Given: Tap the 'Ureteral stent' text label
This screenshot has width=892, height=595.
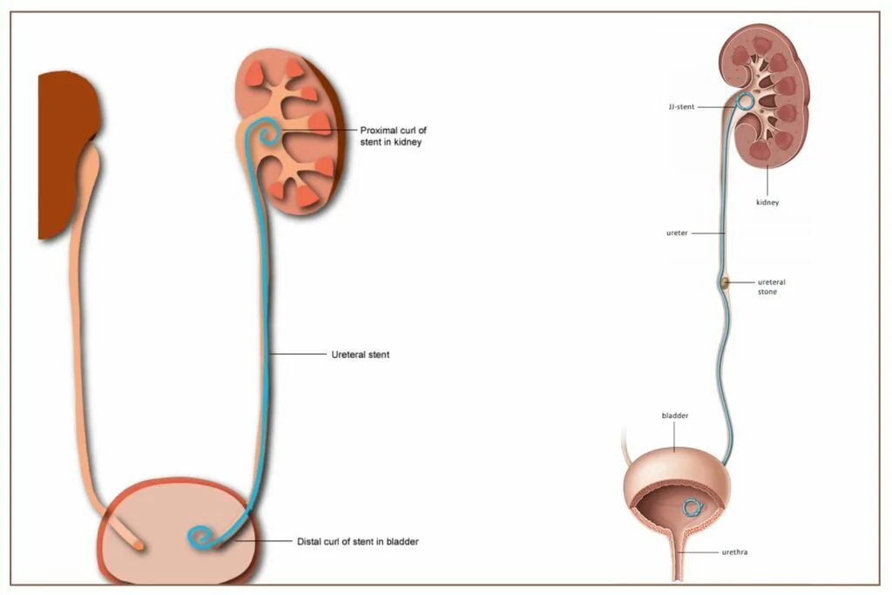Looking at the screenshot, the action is tap(360, 355).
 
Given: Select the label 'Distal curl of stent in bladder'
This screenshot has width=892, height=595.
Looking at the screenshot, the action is tap(357, 541).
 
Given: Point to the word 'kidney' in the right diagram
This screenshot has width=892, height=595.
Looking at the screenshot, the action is tap(767, 202).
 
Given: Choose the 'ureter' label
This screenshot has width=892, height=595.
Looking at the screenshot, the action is tap(678, 233).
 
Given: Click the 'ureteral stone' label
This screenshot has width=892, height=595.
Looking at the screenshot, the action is tap(767, 287).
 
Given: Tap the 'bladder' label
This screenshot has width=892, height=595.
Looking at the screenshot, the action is tap(675, 416).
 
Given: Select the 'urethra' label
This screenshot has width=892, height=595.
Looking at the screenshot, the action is tap(734, 551).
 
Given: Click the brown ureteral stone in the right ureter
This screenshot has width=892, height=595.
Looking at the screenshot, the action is tap(723, 282).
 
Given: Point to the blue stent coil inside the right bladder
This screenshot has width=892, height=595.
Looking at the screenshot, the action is tap(693, 507).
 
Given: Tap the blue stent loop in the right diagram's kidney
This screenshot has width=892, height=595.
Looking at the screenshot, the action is tap(746, 102).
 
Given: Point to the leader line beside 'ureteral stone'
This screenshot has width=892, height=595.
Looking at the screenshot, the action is tap(741, 282).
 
